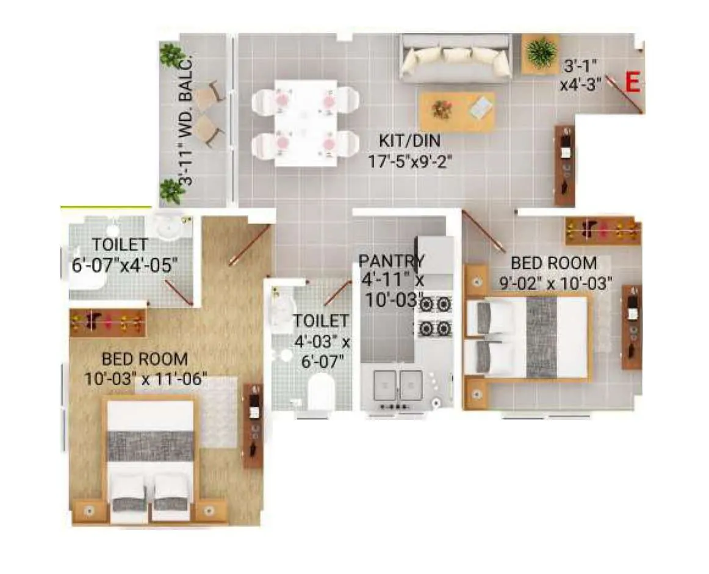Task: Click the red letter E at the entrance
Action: click(633, 82)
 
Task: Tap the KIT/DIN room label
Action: click(409, 142)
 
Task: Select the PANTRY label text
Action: click(390, 261)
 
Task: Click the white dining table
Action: click(305, 122)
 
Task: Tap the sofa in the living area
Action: click(455, 59)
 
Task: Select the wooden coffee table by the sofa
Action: click(457, 111)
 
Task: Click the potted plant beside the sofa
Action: click(540, 53)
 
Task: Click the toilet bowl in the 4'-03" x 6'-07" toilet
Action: click(321, 393)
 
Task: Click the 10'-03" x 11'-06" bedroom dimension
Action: click(146, 379)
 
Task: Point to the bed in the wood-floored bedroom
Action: click(151, 458)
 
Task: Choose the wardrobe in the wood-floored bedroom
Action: click(108, 322)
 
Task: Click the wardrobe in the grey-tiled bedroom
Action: click(603, 231)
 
